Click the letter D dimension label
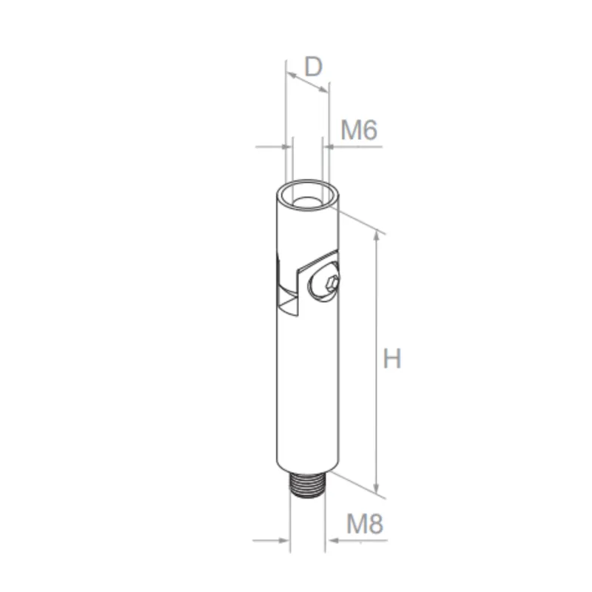(x=314, y=67)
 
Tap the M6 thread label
(x=359, y=131)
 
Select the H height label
(x=391, y=359)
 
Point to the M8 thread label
(x=365, y=525)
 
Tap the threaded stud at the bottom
(x=306, y=488)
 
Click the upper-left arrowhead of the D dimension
(x=289, y=75)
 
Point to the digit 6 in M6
(x=370, y=131)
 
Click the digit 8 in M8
(x=376, y=525)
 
